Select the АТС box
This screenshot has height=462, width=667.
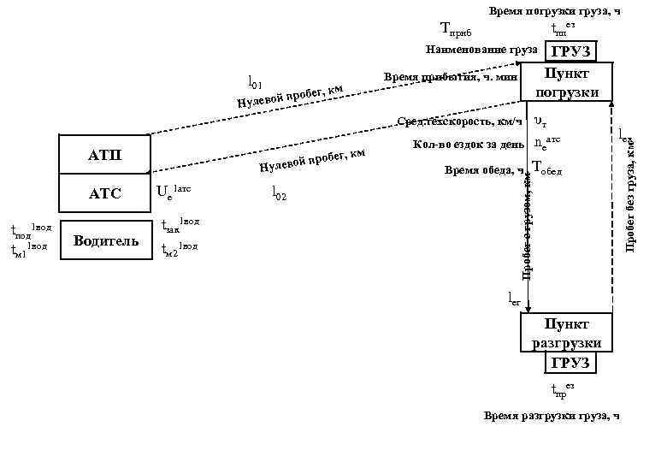[x=105, y=195]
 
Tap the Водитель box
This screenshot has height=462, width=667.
[x=105, y=240]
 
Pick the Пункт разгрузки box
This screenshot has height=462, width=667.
[x=566, y=333]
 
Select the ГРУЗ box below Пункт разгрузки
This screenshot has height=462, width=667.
[x=570, y=363]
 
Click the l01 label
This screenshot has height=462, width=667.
[x=255, y=82]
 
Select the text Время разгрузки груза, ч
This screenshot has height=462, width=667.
[x=550, y=415]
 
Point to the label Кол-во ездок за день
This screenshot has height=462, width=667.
[x=462, y=144]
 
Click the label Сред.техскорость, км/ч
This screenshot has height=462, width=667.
[x=459, y=121]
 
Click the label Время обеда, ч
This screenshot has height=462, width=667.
[x=483, y=170]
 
